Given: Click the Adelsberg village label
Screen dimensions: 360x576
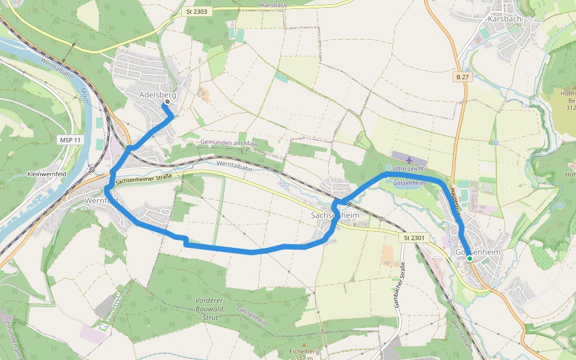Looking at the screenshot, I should pyautogui.click(x=157, y=95).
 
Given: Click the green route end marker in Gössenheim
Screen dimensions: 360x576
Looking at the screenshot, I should pyautogui.click(x=469, y=259).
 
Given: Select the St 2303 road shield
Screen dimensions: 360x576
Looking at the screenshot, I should pyautogui.click(x=197, y=12).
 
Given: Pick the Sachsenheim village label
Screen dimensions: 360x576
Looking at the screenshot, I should pyautogui.click(x=334, y=215).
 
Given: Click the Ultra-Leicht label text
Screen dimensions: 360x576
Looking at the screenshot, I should pyautogui.click(x=409, y=169).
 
